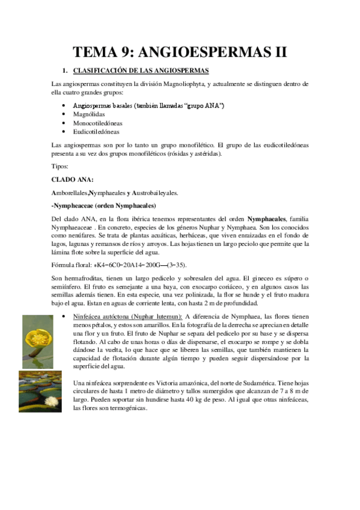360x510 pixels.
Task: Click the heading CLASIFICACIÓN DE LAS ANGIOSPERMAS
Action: [x=141, y=70]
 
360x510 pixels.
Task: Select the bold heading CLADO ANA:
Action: [x=73, y=179]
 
